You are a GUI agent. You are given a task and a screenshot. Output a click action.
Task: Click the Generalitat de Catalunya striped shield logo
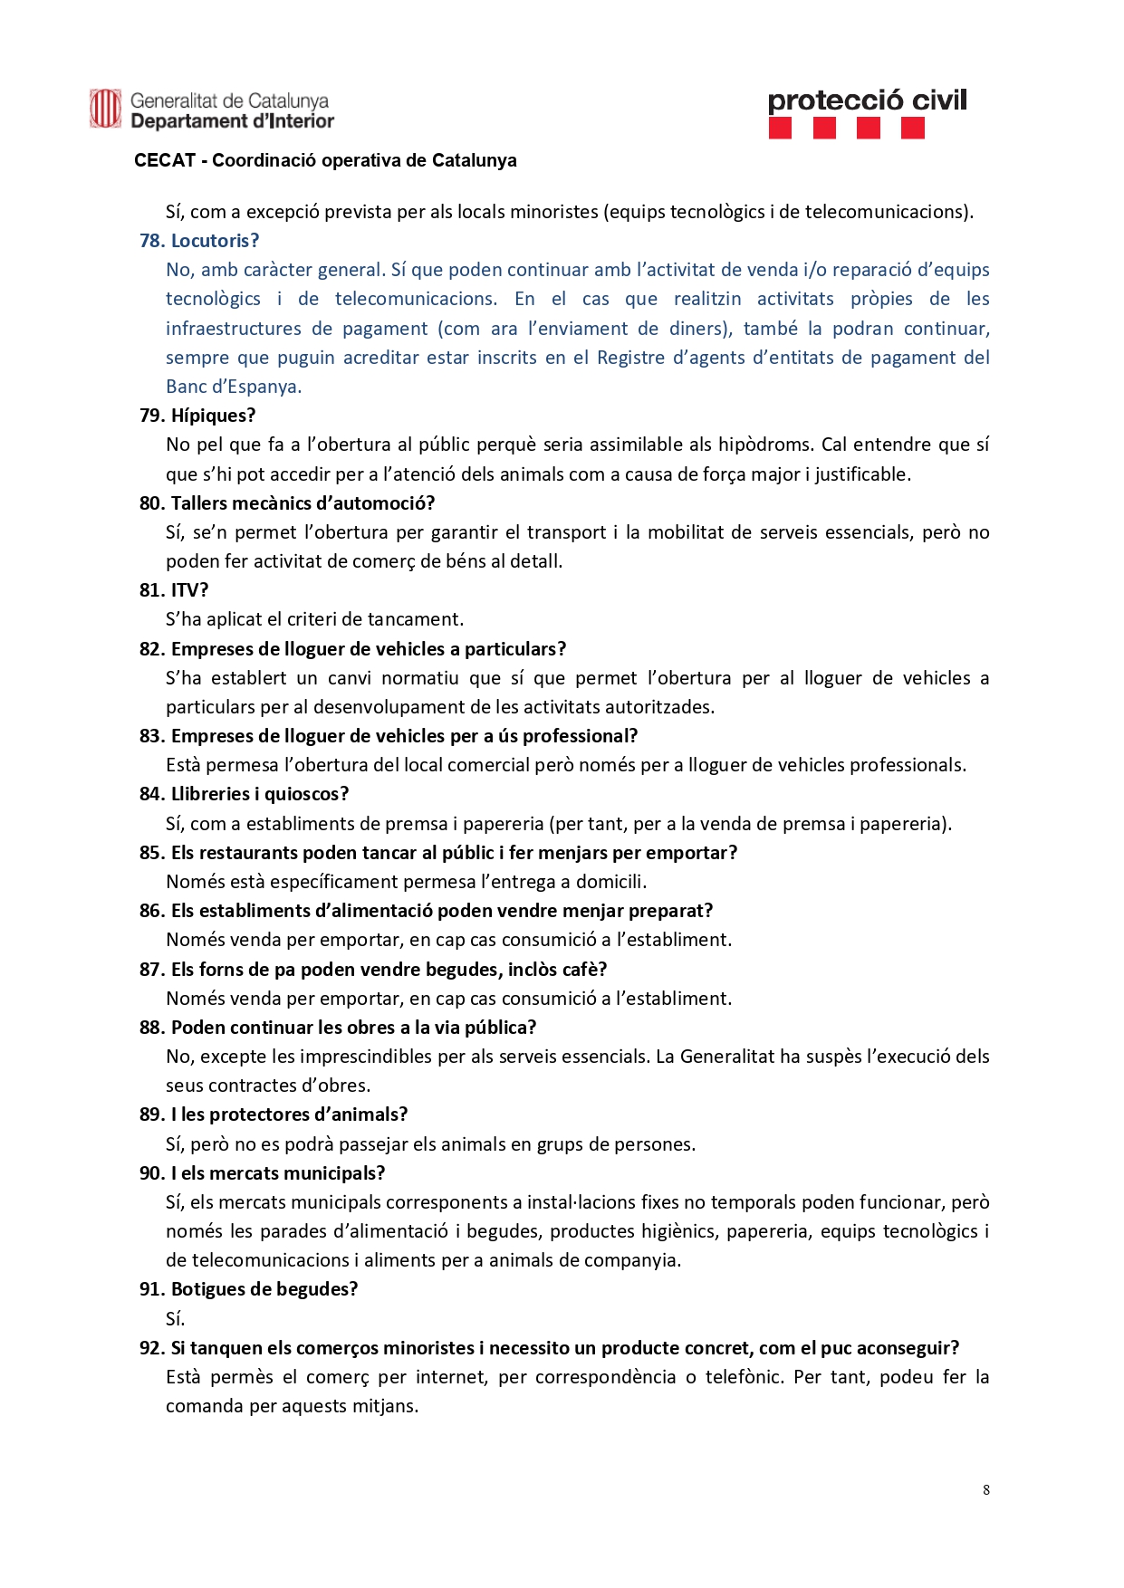tap(105, 110)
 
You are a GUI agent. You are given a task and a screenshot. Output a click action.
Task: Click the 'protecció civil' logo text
tap(867, 100)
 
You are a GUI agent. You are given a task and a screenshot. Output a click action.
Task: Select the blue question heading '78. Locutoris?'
tap(199, 241)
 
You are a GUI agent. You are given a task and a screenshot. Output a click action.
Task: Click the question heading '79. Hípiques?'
tap(197, 416)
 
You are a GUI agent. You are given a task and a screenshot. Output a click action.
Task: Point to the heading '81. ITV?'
tap(174, 590)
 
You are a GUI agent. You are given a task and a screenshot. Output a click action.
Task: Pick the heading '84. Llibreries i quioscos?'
tap(244, 794)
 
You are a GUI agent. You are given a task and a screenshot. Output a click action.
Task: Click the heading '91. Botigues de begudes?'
tap(248, 1289)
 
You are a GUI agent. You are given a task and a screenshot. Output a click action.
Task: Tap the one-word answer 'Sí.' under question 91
tap(175, 1318)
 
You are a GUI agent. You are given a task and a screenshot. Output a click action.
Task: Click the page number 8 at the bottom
tap(985, 1490)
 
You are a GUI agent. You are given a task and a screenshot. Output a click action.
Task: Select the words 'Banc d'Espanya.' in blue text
tap(234, 387)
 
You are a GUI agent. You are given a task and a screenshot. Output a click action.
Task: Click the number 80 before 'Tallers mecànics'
tap(150, 503)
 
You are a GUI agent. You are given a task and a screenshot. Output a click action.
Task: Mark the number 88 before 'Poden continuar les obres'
tap(150, 1028)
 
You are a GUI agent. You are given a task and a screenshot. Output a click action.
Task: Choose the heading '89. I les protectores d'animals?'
tap(274, 1114)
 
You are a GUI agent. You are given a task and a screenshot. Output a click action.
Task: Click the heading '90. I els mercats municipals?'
tap(262, 1173)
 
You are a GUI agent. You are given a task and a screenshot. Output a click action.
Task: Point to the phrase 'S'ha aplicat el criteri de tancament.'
tap(314, 619)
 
